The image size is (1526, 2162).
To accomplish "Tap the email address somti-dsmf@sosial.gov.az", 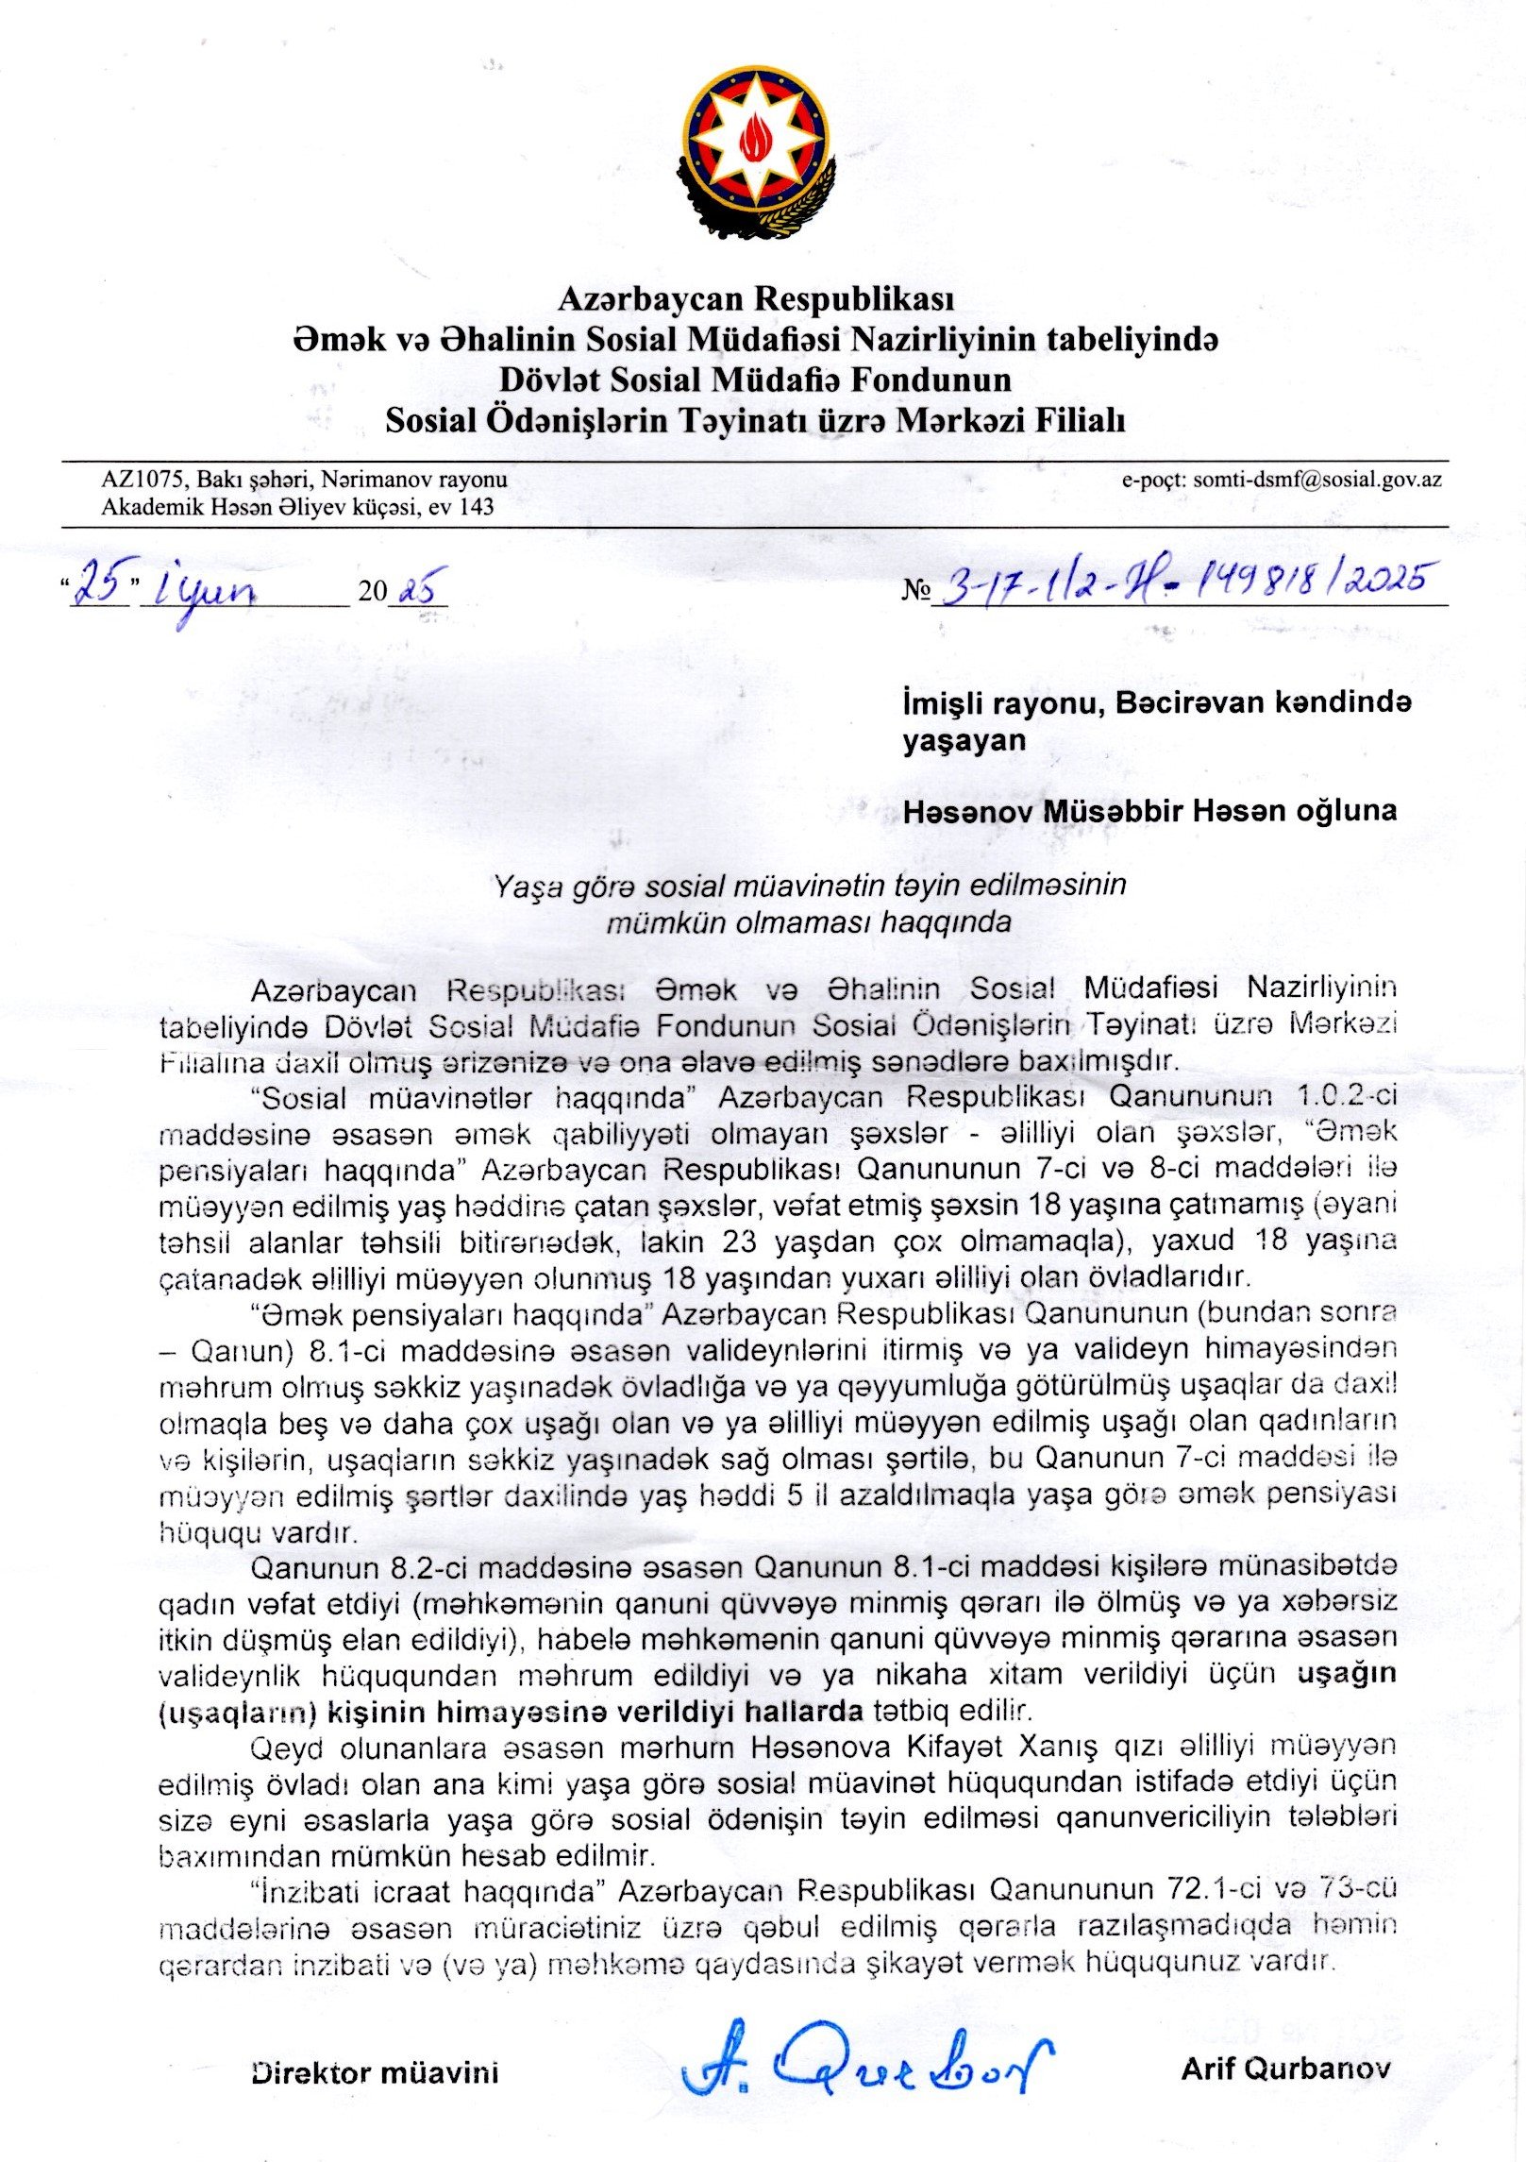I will click(1317, 480).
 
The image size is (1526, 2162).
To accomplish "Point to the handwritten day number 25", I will click(101, 586).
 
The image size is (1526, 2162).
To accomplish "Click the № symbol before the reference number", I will click(915, 591).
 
